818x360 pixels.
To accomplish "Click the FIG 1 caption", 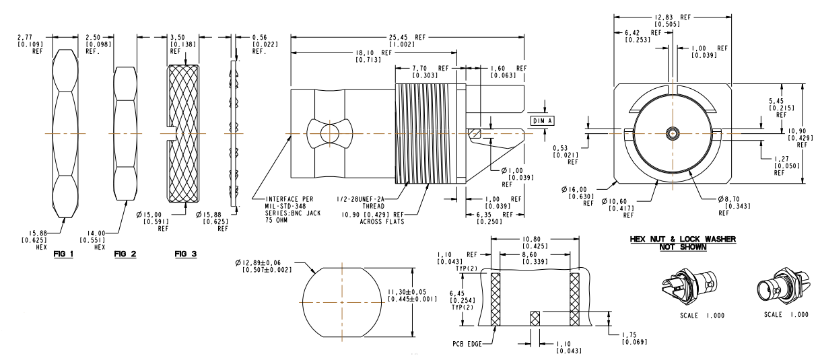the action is [63, 254].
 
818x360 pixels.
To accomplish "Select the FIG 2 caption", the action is [125, 254].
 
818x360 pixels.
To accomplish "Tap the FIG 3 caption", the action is [186, 254].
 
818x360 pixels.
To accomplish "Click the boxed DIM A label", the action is [542, 121].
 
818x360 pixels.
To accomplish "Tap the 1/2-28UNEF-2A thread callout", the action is [360, 199].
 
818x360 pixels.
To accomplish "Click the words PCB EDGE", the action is [467, 344].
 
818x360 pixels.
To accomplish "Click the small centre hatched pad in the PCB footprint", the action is [535, 318].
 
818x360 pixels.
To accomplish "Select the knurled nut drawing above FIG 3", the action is [183, 134].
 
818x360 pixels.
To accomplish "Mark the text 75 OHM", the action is [276, 220].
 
